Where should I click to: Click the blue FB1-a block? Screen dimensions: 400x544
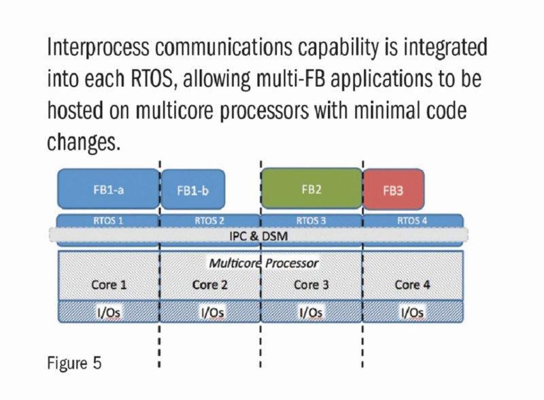point(107,189)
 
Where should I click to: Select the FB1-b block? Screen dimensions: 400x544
point(192,190)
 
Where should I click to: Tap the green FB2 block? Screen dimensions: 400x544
point(311,188)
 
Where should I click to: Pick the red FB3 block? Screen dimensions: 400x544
point(393,190)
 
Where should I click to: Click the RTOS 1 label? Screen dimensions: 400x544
point(107,220)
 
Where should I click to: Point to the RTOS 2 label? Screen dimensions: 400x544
point(209,220)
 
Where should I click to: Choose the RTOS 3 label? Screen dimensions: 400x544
point(311,220)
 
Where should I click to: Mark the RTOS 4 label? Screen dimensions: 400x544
point(413,220)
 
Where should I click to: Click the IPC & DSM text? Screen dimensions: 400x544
point(260,235)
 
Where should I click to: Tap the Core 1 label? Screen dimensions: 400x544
point(109,284)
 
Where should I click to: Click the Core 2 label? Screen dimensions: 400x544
point(209,284)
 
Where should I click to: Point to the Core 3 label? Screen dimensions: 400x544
point(311,284)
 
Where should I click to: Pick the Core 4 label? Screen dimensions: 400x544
point(413,284)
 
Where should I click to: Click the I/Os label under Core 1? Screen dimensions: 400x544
point(109,312)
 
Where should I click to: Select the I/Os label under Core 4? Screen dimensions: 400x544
point(413,312)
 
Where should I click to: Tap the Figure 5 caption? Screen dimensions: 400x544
point(74,362)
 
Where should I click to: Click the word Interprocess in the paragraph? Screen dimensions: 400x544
point(100,50)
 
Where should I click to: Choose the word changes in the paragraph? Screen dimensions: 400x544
point(85,141)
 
